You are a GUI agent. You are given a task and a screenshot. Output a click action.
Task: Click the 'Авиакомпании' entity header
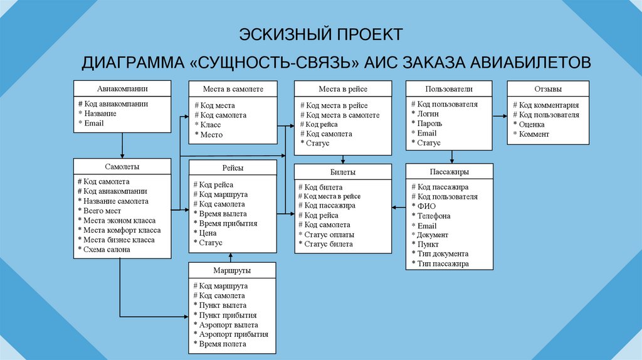[122, 88]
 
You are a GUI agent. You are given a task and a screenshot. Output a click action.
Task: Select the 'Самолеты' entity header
[122, 167]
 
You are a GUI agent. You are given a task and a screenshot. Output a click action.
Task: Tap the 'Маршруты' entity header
[233, 270]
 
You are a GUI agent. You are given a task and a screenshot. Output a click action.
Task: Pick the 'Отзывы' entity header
[548, 89]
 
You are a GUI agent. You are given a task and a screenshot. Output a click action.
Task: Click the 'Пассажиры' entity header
[450, 171]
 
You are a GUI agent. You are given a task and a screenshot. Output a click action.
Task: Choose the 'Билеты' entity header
[343, 171]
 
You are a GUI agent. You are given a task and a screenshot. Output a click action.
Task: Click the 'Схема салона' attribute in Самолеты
[107, 250]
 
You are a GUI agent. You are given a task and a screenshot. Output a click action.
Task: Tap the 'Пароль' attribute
[429, 124]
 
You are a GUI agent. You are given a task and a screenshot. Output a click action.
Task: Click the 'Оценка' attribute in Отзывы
[532, 124]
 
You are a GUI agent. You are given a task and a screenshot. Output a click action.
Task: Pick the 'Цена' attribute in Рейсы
[207, 233]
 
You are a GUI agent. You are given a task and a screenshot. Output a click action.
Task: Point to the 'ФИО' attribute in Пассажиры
[426, 206]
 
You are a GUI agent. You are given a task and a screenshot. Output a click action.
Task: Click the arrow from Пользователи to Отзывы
[499, 115]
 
